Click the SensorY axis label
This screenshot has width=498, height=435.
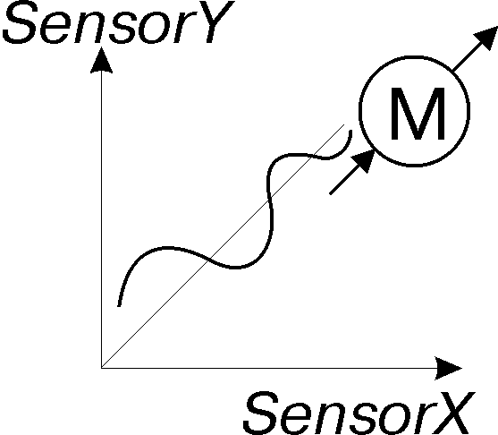click(119, 22)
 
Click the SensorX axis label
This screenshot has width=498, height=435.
click(359, 414)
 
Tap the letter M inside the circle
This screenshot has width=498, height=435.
click(418, 114)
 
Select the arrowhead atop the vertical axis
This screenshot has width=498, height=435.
click(101, 60)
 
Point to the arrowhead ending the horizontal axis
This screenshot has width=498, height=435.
click(449, 368)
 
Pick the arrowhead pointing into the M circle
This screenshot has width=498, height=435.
click(364, 160)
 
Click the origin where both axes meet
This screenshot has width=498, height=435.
click(101, 368)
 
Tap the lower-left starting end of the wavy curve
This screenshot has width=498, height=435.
click(119, 306)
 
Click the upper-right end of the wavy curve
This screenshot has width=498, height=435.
click(350, 131)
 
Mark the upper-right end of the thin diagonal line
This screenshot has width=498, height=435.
click(344, 124)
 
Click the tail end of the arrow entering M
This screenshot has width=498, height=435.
click(330, 193)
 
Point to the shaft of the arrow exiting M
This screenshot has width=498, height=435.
click(464, 59)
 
